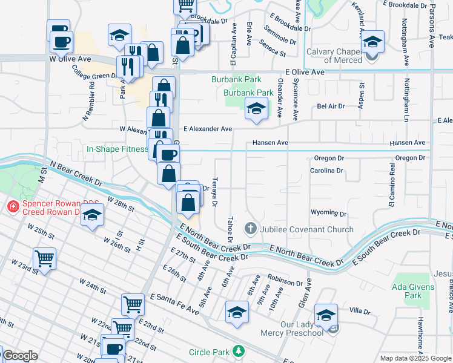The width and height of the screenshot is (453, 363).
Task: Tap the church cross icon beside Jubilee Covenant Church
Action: click(x=250, y=229)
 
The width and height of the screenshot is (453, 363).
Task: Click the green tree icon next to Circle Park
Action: click(x=239, y=351)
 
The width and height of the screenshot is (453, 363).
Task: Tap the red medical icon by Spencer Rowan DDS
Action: click(x=12, y=207)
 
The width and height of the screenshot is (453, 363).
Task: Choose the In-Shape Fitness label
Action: click(x=117, y=149)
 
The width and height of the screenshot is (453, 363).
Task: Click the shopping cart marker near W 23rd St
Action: click(x=45, y=259)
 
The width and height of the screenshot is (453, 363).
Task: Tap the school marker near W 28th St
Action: click(x=92, y=215)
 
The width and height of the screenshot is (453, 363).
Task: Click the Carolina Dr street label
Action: click(x=326, y=171)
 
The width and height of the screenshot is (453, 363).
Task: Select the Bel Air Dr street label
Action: click(x=331, y=106)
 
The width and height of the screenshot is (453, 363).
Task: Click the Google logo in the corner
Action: click(x=20, y=356)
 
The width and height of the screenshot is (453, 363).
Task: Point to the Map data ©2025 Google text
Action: click(x=415, y=358)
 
